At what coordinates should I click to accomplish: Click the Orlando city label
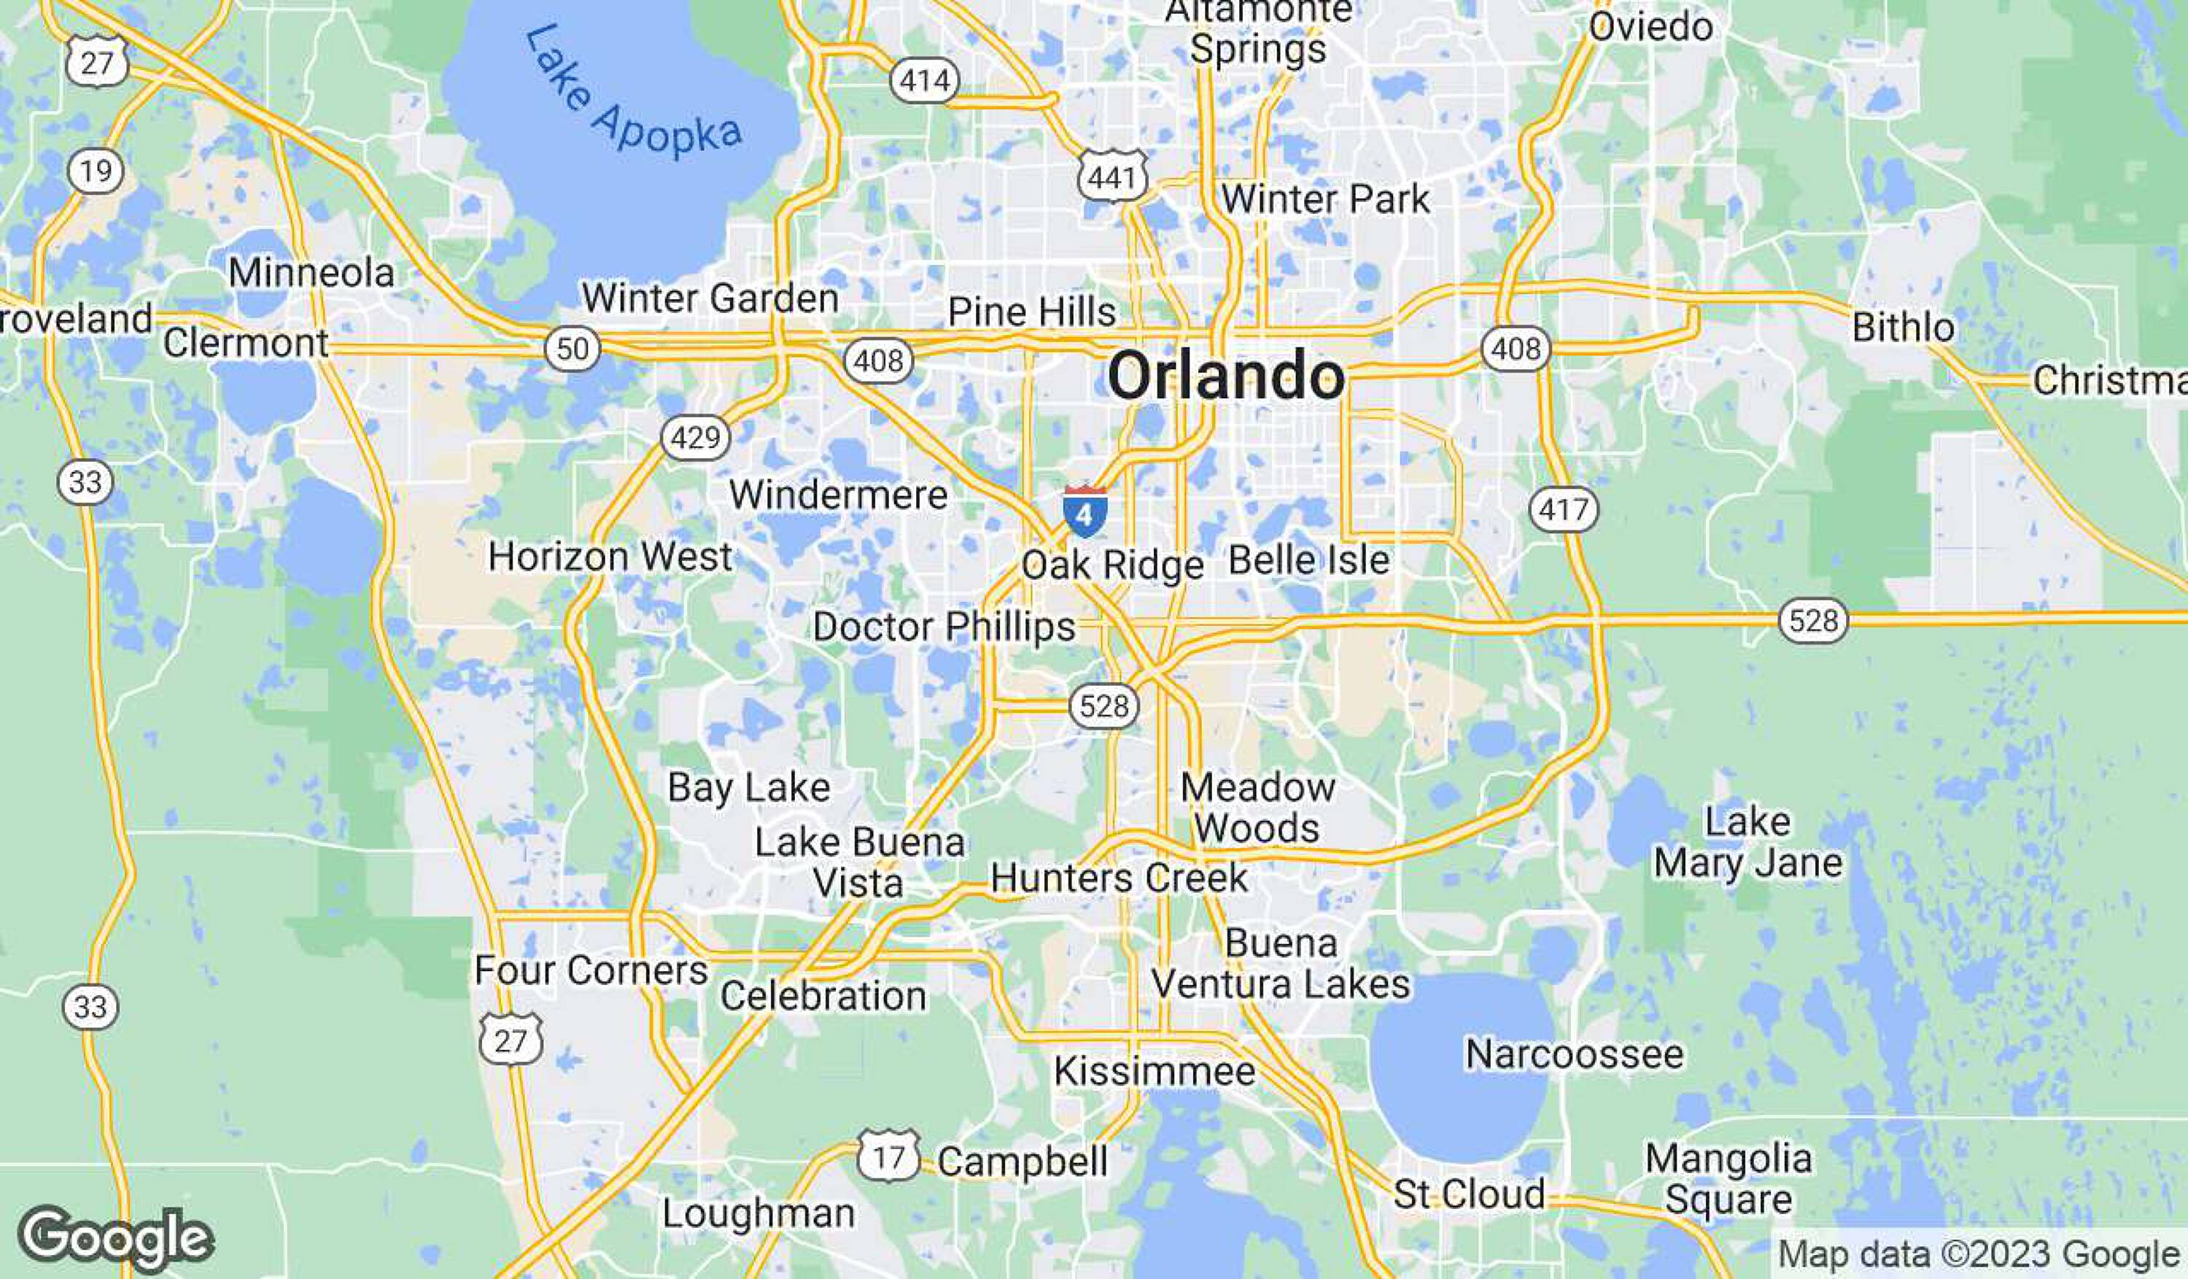point(1226,375)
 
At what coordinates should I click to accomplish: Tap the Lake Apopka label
point(634,96)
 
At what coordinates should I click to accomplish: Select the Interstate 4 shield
point(1085,511)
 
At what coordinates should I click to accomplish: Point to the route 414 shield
point(925,81)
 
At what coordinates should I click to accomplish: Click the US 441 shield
point(1112,177)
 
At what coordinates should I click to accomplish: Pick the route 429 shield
point(696,437)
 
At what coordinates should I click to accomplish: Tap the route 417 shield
point(1563,508)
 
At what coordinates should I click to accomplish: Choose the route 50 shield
point(573,349)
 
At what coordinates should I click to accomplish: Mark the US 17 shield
point(888,1156)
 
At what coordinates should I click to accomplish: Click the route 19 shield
point(96,170)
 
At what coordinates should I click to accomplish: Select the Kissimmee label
point(1154,1070)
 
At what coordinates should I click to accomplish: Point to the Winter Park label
point(1325,199)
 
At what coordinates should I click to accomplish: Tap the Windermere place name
point(838,495)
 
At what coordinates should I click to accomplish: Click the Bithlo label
point(1904,328)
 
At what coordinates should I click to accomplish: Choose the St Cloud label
point(1469,1194)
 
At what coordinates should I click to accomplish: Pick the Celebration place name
point(823,995)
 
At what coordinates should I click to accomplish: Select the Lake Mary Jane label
point(1747,841)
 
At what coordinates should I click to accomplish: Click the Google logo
point(115,1237)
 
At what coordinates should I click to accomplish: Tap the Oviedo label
point(1650,26)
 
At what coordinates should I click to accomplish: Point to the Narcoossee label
point(1574,1054)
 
